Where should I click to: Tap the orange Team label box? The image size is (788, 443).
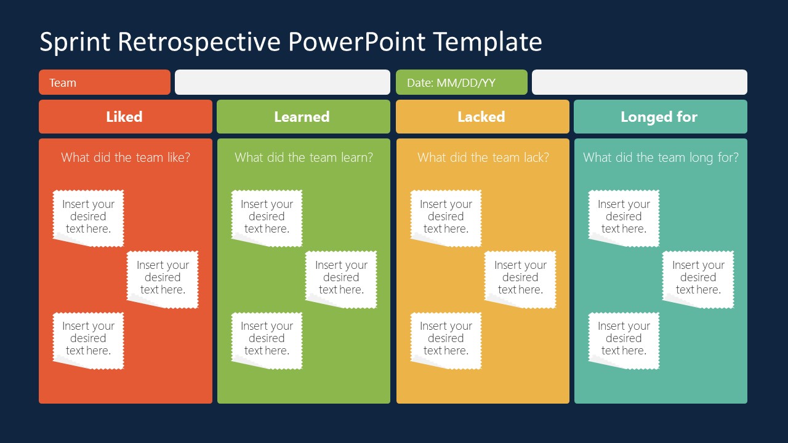pos(104,82)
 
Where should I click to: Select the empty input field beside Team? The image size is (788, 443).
pos(282,82)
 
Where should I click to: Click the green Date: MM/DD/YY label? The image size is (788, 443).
pos(461,82)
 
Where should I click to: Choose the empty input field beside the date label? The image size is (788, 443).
pos(639,82)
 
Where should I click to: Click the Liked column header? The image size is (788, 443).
pos(125,117)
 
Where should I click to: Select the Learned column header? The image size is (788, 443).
pos(303,117)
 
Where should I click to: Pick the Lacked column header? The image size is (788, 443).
pos(482,117)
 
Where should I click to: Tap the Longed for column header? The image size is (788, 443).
pos(660,117)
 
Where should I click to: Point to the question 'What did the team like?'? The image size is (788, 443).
pos(126,158)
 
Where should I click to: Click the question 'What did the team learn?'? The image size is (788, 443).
pos(304,158)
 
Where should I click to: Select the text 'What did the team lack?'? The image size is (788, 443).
pos(483,158)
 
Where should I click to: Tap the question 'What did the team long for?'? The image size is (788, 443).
pos(661,158)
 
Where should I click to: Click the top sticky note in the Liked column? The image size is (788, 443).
pos(88,217)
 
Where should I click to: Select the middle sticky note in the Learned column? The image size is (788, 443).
pos(341,277)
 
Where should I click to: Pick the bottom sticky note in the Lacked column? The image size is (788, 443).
pos(446,338)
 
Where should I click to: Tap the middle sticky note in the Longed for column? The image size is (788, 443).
pos(698,277)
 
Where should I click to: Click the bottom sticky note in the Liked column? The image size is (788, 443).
pos(88,338)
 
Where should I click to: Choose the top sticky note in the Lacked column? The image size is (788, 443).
pos(446,217)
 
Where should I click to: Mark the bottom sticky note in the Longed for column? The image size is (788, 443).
pos(624,338)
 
